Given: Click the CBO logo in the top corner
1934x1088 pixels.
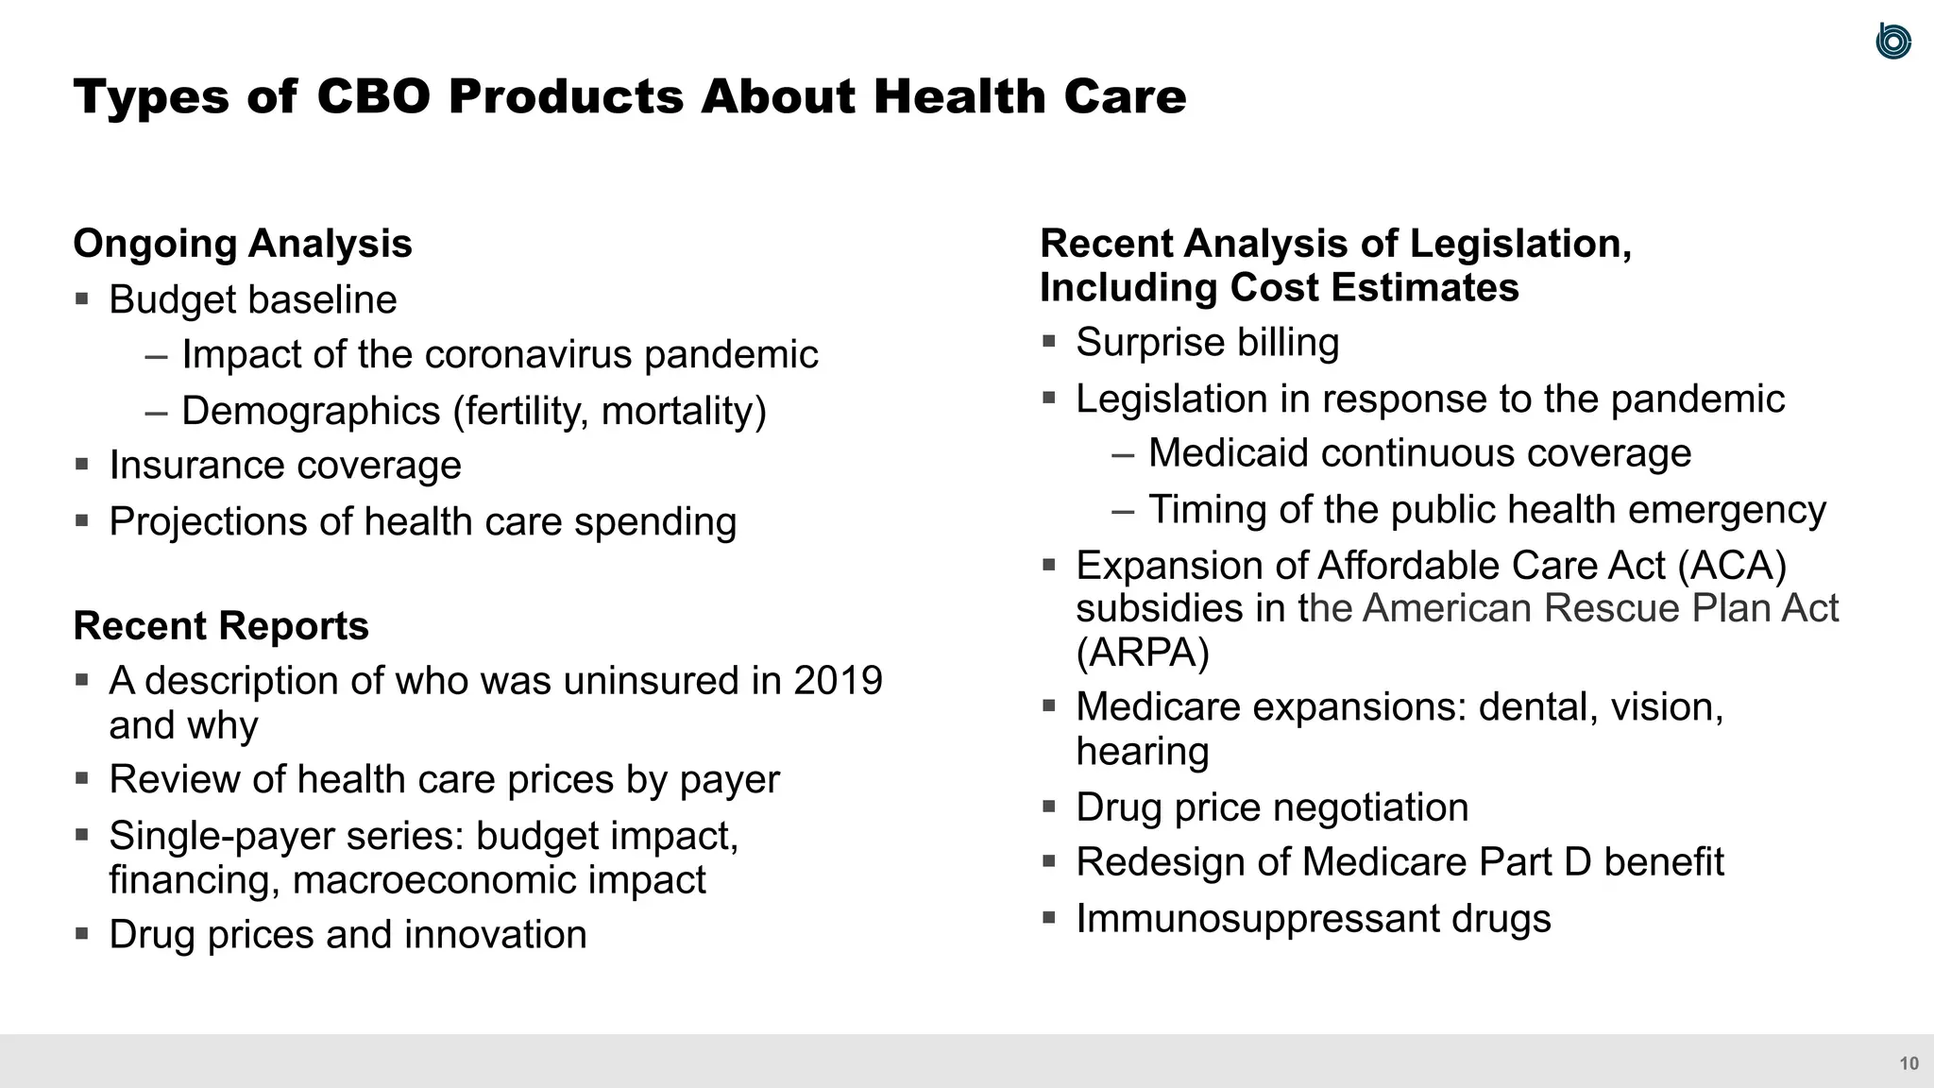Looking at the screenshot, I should click(1892, 42).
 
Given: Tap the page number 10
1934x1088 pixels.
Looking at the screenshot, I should click(1909, 1063).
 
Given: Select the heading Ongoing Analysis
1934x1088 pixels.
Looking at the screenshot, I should click(243, 244).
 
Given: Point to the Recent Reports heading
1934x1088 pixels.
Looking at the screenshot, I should click(221, 626).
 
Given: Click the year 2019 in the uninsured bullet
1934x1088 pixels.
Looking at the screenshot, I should click(838, 681).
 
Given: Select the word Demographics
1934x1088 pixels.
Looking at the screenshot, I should click(311, 411).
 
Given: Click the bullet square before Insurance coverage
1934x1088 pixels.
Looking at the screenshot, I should click(82, 465).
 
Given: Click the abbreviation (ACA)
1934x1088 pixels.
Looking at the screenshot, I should click(1732, 566).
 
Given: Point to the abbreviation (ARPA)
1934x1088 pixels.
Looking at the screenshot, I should click(1143, 653).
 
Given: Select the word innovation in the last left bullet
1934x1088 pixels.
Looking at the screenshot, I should click(495, 935).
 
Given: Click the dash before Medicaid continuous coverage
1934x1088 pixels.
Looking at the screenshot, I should click(1123, 454).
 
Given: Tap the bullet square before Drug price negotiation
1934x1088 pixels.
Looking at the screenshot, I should click(1049, 807).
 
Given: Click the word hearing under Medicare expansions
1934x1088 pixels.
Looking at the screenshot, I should click(1143, 752).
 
